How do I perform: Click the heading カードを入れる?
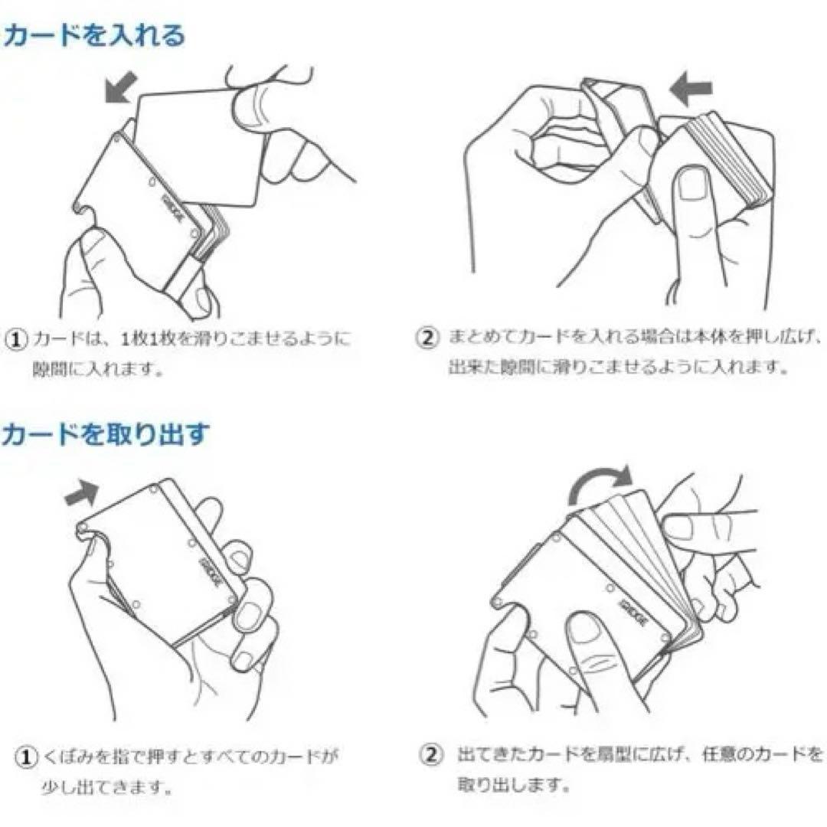(x=93, y=35)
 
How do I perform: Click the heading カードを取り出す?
(x=105, y=434)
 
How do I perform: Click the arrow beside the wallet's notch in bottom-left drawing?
(x=83, y=493)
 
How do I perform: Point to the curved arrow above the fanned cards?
(x=601, y=484)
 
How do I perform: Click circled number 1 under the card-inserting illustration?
(x=16, y=338)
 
